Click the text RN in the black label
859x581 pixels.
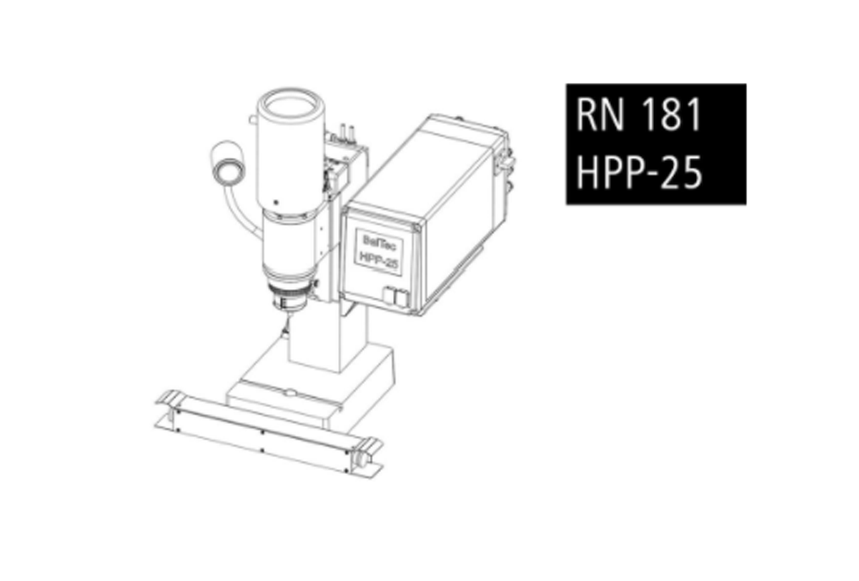click(x=600, y=114)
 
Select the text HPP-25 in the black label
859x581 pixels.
click(x=639, y=172)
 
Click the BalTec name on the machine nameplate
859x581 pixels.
click(x=377, y=241)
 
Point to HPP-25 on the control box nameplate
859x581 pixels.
click(x=378, y=260)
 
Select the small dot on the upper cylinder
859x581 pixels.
click(x=275, y=202)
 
